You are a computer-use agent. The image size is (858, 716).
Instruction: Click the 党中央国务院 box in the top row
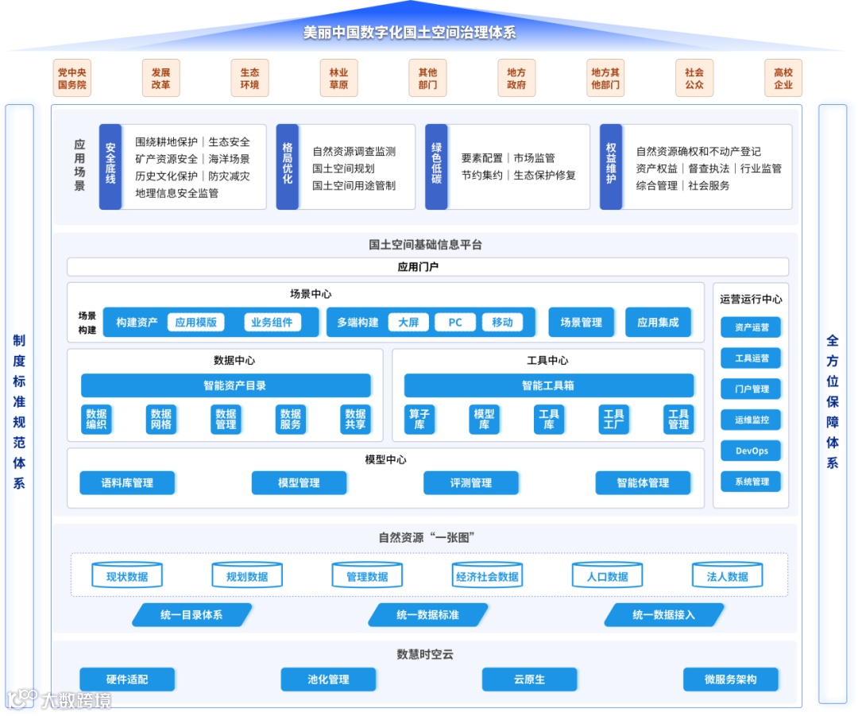click(72, 78)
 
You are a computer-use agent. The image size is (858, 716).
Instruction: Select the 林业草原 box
click(339, 78)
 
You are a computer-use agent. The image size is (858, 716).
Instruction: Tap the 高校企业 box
click(783, 78)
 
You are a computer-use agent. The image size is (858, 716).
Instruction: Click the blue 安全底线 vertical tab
click(110, 167)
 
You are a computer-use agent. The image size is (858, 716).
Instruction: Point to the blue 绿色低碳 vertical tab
click(436, 167)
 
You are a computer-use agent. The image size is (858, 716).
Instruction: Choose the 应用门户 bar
click(427, 267)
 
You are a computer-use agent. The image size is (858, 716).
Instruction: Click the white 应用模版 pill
click(196, 323)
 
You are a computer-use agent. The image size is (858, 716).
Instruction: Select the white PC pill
click(455, 323)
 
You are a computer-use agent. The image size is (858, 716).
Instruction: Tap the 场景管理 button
click(581, 323)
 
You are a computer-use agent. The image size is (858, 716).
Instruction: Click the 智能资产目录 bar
click(226, 385)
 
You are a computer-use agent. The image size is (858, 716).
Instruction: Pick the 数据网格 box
click(161, 420)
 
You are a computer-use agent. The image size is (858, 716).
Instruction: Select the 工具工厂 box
click(614, 420)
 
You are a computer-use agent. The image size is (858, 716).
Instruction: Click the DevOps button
click(751, 451)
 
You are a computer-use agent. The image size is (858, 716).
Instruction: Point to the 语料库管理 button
click(127, 482)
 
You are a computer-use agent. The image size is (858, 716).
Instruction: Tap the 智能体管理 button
click(643, 482)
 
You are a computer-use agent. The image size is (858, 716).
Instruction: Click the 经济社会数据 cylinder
click(487, 576)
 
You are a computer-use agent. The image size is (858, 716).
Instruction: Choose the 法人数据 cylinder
click(727, 576)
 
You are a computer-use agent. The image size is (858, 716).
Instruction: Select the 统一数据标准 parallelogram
click(427, 615)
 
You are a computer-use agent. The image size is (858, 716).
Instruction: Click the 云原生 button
click(529, 679)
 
